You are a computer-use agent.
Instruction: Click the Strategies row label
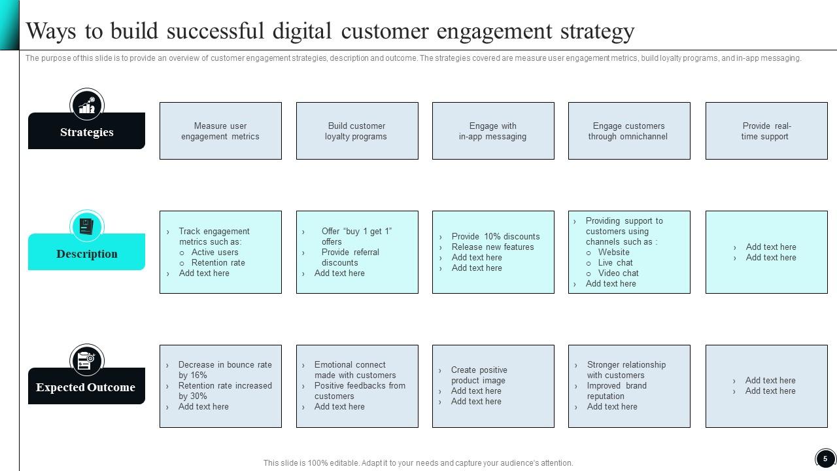[x=86, y=132]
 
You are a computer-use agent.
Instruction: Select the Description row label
[x=86, y=254]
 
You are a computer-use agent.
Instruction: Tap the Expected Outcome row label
[x=86, y=387]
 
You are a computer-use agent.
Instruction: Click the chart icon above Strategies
[x=87, y=105]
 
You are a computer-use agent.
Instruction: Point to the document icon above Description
[x=86, y=226]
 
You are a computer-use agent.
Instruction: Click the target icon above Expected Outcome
[x=86, y=360]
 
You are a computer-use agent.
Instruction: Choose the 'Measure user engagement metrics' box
[x=220, y=131]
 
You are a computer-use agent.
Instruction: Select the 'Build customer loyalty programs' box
[x=356, y=131]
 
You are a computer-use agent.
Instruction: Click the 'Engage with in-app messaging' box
[x=492, y=131]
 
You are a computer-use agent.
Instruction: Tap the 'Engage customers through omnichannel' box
[x=628, y=131]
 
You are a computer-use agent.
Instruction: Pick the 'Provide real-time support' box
[x=766, y=131]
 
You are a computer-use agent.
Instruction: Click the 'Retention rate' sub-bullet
[x=218, y=263]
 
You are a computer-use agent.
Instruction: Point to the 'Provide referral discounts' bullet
[x=350, y=257]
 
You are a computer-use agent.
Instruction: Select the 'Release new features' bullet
[x=492, y=247]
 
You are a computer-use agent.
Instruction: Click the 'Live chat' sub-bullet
[x=615, y=263]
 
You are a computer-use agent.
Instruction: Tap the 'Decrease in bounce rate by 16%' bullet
[x=224, y=370]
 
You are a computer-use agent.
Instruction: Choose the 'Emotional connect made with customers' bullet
[x=354, y=370]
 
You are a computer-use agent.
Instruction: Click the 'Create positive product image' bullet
[x=479, y=375]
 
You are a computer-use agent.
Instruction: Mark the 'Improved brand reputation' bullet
[x=617, y=391]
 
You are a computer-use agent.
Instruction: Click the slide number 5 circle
[x=825, y=459]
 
